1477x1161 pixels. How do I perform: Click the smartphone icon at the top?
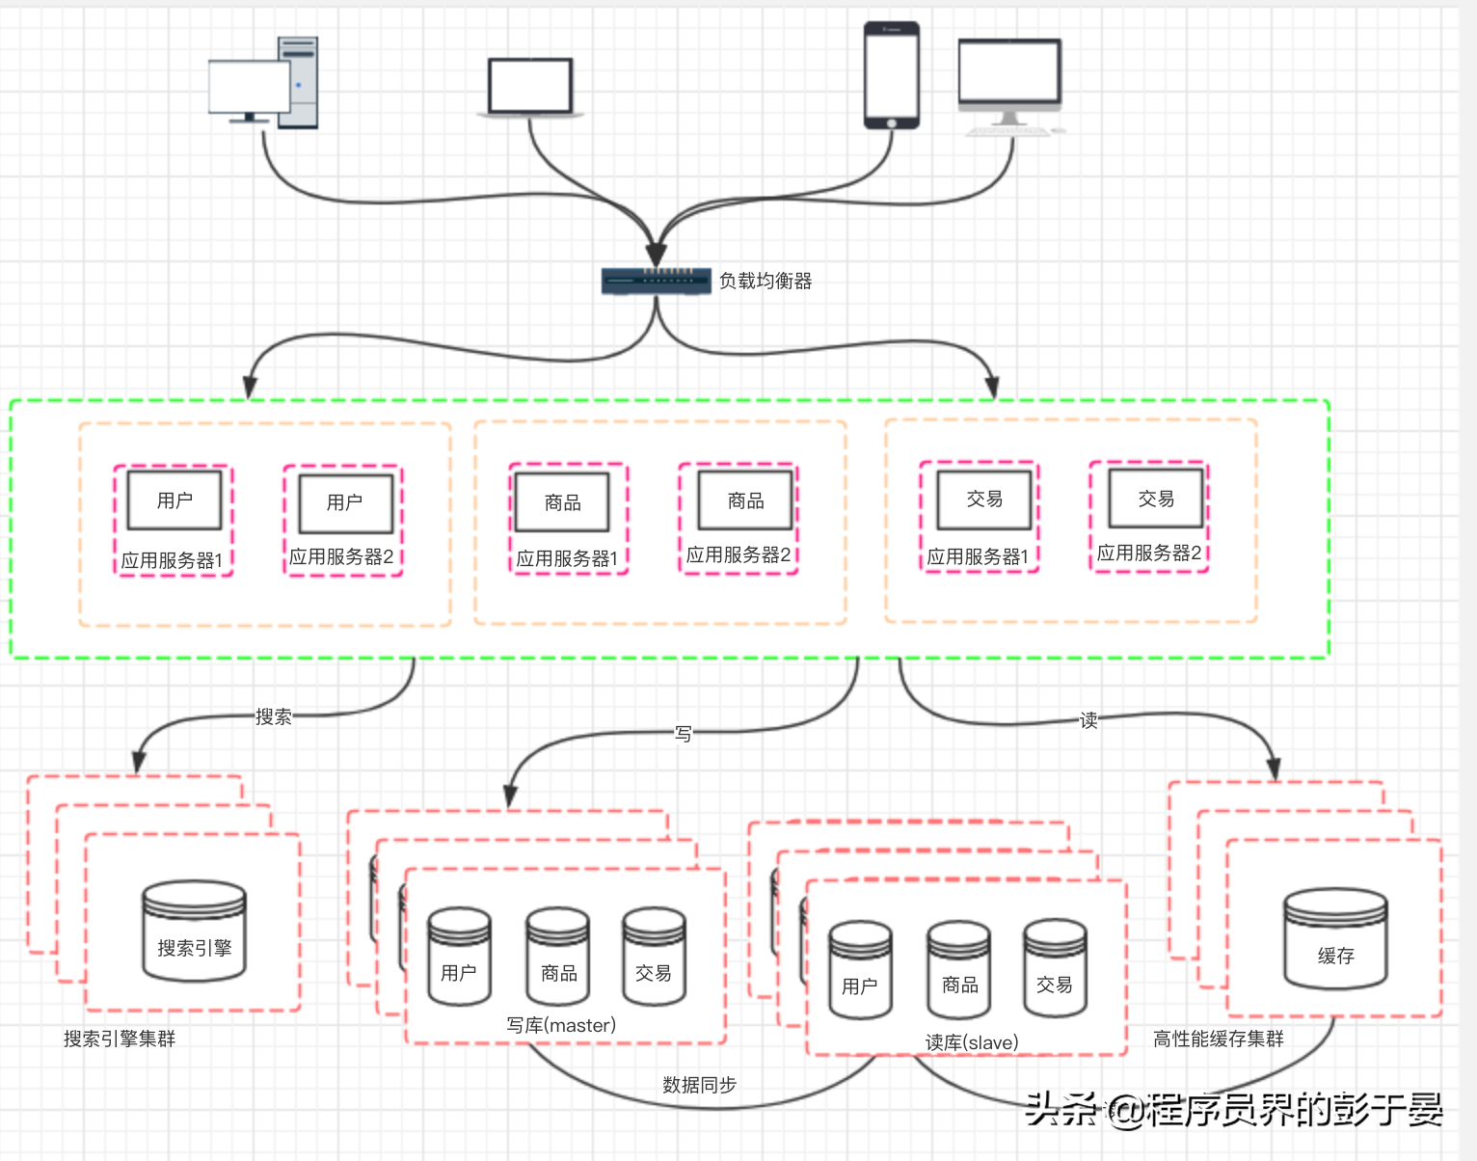891,75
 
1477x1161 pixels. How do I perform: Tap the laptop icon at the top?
530,88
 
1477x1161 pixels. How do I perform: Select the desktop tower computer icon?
263,82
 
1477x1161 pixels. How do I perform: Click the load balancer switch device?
656,281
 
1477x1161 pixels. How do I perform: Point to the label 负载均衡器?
765,281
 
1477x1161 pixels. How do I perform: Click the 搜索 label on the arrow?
273,716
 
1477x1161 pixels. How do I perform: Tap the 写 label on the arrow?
684,734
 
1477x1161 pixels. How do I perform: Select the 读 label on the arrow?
1088,720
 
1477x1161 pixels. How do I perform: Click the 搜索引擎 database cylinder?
195,931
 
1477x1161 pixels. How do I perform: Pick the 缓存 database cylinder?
1335,938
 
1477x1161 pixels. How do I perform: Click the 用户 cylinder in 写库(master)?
459,956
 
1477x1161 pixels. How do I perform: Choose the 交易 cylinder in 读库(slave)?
1055,968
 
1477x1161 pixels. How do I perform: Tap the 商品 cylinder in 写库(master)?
558,956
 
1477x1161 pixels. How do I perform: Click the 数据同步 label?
699,1085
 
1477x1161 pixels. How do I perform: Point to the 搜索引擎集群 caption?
120,1039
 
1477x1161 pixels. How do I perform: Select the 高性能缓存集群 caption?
1218,1039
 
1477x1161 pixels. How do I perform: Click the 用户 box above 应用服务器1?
175,499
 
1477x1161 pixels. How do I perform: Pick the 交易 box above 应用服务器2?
1156,499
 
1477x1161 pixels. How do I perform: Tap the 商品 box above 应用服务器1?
562,501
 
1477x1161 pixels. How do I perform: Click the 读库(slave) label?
972,1042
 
